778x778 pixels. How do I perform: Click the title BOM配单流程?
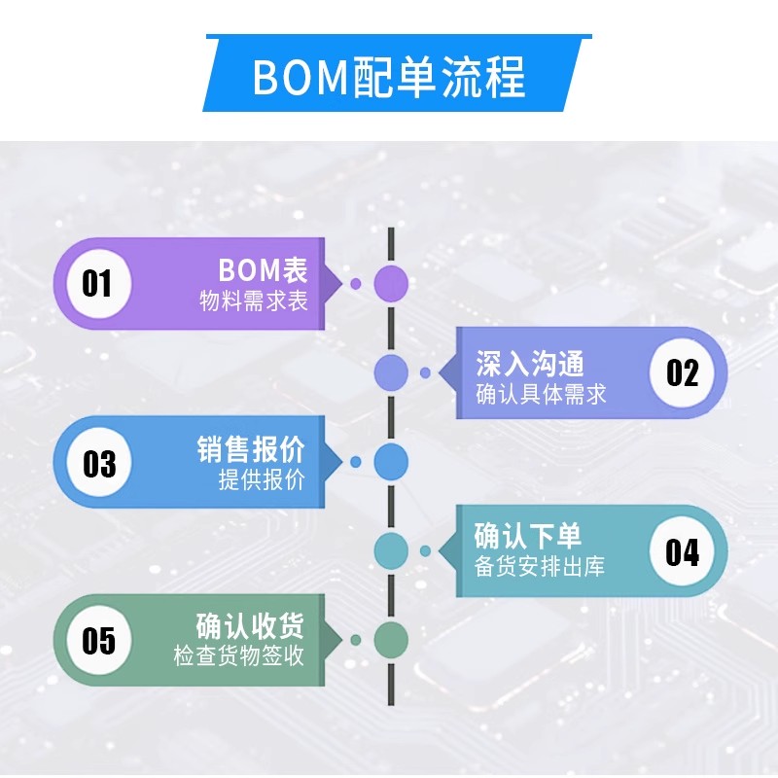[x=389, y=77]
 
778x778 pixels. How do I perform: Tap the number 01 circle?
[x=97, y=284]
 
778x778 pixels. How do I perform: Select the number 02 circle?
[x=682, y=372]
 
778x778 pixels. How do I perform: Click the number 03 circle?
[x=98, y=463]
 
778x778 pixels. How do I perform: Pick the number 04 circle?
[x=682, y=551]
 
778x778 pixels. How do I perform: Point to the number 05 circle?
[x=98, y=640]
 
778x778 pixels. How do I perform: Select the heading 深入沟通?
[x=530, y=364]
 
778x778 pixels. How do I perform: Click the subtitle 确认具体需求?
[x=541, y=394]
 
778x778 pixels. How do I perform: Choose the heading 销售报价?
[x=251, y=449]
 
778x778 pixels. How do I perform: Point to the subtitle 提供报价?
[x=262, y=480]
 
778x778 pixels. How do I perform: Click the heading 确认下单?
[x=528, y=536]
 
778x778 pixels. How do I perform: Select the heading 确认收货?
[x=250, y=625]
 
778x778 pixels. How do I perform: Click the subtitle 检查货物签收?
[x=239, y=656]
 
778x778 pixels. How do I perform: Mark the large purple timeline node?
[x=391, y=283]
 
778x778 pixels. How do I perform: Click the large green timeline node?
[x=391, y=639]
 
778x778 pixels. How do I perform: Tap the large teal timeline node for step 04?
[x=391, y=550]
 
